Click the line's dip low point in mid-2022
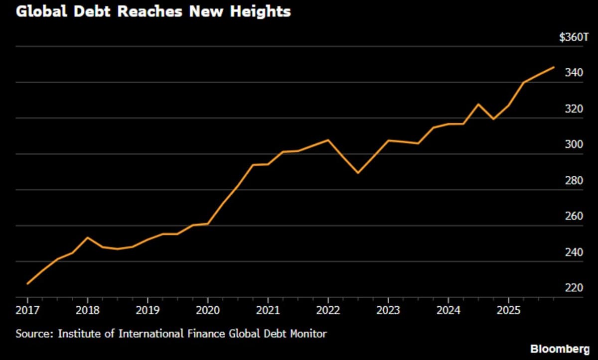358,173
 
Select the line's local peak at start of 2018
88,238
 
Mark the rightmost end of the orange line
554,67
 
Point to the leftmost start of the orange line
27,284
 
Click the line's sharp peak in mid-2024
478,104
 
